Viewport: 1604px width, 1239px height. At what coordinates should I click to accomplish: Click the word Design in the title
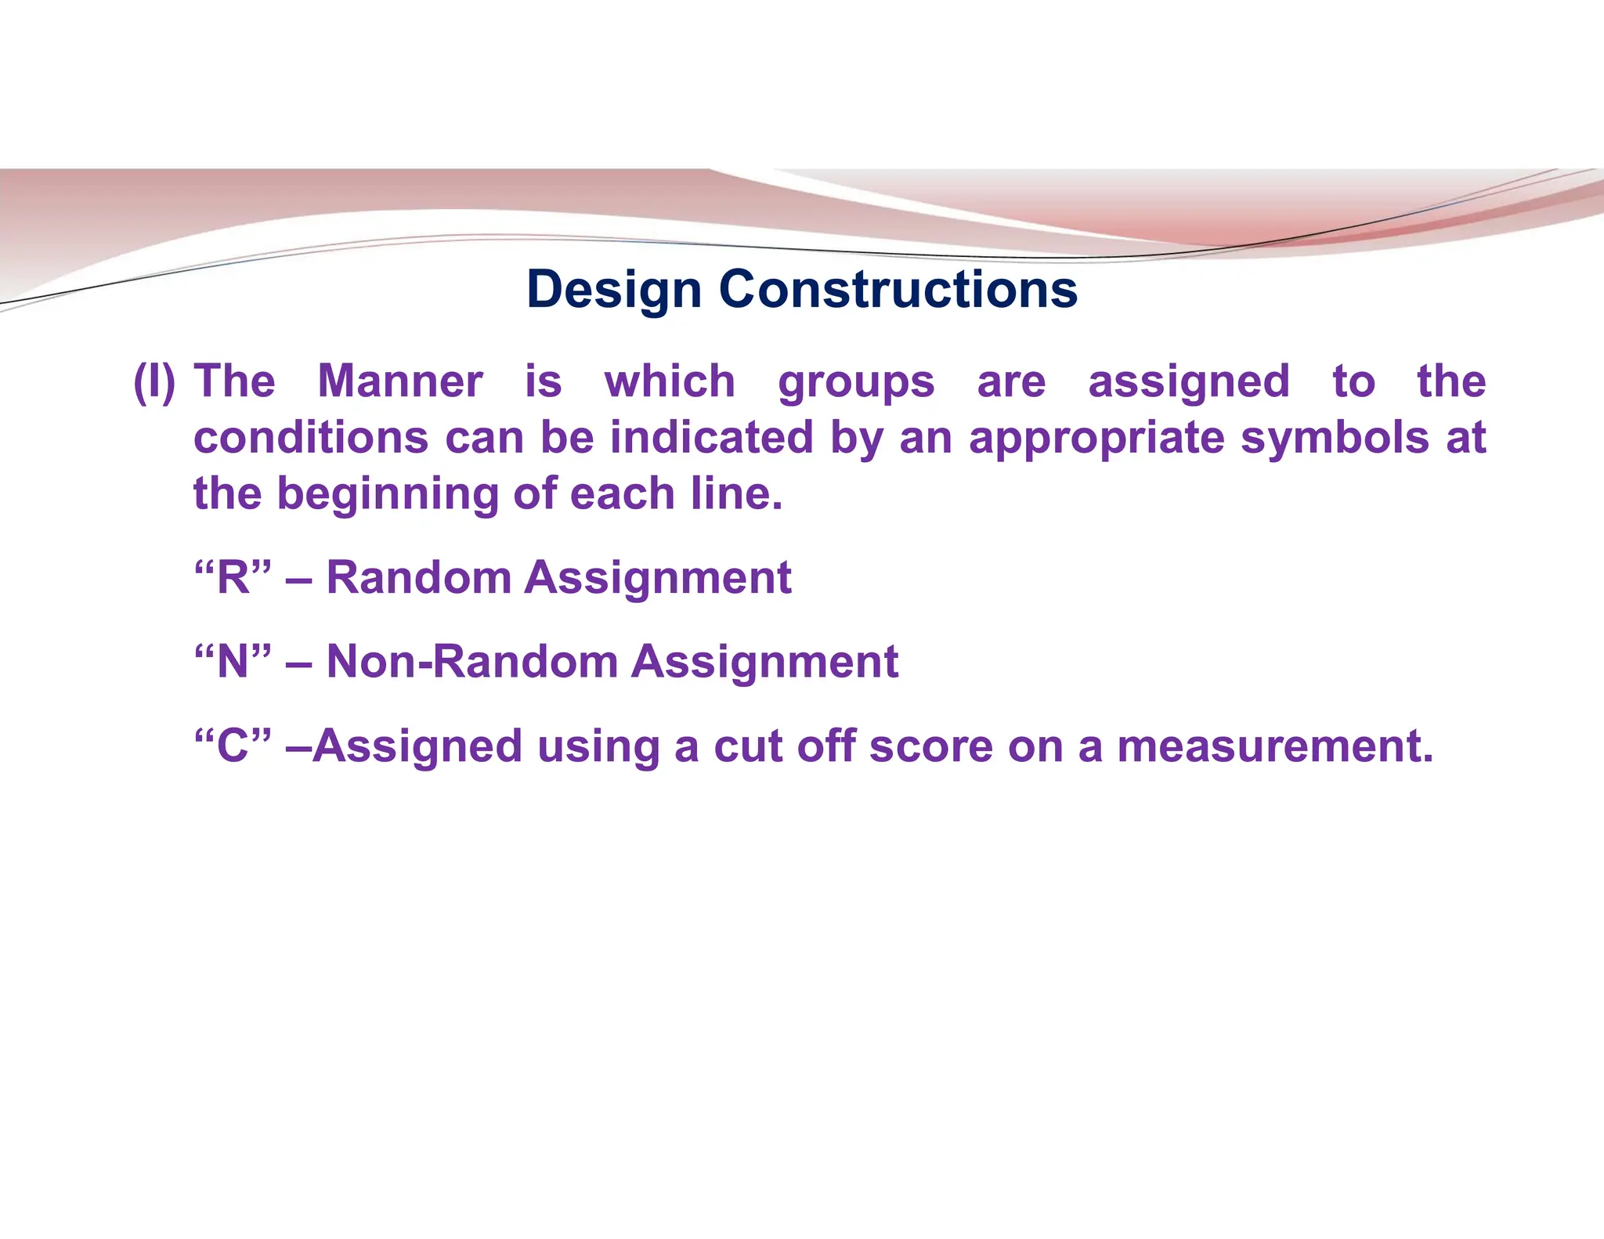(613, 290)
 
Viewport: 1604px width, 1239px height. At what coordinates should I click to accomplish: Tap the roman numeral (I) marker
(154, 382)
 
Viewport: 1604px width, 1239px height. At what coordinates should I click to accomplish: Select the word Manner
(399, 382)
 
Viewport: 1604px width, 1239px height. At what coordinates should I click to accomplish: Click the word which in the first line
(670, 382)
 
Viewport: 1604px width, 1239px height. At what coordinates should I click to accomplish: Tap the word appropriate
(1096, 439)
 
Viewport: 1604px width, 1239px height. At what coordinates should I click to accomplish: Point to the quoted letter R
(233, 578)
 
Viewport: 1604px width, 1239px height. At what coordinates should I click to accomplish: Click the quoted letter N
(233, 662)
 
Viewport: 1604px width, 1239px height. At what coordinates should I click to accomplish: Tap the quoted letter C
(233, 746)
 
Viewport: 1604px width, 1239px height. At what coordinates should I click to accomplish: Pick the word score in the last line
(930, 746)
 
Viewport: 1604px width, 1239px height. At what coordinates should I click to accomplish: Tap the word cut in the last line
(747, 746)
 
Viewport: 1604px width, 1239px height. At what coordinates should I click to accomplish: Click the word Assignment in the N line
(764, 662)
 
